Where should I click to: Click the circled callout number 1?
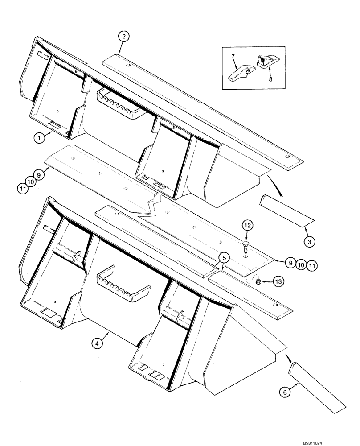click(40, 139)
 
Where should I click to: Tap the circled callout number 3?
click(310, 242)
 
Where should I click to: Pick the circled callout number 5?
click(224, 257)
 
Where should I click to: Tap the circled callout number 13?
click(278, 281)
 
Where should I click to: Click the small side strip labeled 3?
click(286, 210)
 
